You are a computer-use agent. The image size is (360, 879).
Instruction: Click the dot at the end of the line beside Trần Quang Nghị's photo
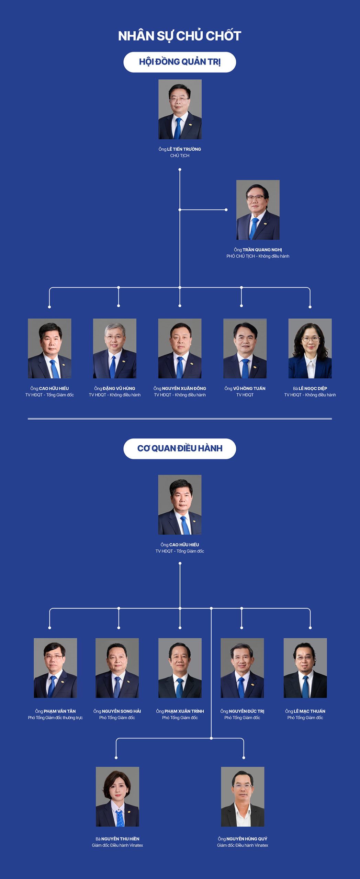[226, 210]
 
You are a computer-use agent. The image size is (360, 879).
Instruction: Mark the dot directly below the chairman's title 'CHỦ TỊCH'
[180, 170]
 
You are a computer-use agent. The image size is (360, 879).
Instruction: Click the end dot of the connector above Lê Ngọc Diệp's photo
[310, 307]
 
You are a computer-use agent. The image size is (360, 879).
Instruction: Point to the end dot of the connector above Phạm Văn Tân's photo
[50, 628]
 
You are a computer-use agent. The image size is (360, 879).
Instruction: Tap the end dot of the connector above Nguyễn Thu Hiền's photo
[116, 757]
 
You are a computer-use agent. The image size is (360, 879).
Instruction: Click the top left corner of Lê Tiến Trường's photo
[158, 80]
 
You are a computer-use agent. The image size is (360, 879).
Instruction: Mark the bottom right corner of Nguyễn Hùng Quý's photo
[264, 826]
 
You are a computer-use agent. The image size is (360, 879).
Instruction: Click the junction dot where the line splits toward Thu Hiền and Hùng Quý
[211, 738]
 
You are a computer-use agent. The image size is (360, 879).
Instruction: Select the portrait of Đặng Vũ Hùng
[115, 349]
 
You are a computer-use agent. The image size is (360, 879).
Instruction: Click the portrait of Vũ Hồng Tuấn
[245, 349]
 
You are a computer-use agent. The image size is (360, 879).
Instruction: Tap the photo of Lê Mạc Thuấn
[305, 668]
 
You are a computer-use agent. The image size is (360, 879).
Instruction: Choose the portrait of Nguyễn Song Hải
[117, 668]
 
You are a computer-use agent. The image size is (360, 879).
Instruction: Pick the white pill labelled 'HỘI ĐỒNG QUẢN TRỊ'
[180, 62]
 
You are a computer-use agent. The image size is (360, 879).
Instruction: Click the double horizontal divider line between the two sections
[180, 419]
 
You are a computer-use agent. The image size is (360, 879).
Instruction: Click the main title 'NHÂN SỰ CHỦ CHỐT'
[180, 36]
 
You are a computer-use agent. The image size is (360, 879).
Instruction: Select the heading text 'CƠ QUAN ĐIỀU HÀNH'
[180, 448]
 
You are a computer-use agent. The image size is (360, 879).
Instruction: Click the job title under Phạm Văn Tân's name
[55, 718]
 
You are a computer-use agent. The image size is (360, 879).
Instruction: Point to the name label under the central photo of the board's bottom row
[180, 388]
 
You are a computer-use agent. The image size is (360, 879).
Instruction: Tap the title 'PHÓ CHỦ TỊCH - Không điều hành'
[258, 256]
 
